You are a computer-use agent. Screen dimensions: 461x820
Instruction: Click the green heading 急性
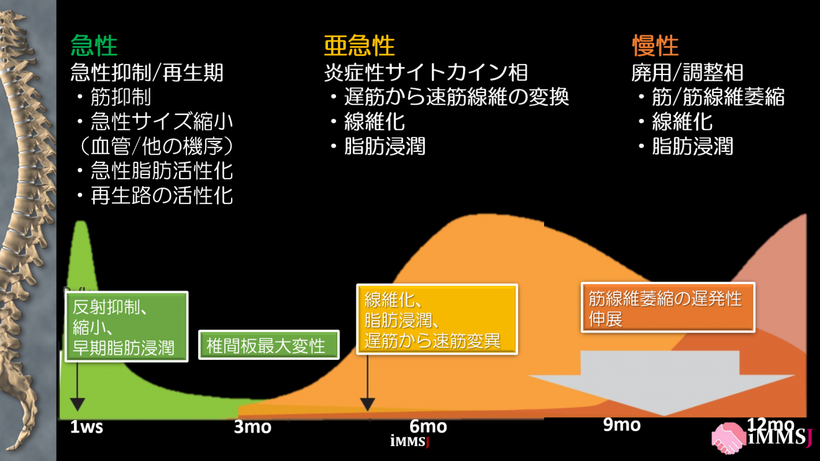tap(94, 46)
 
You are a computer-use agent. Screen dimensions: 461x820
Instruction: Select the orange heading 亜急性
tap(359, 46)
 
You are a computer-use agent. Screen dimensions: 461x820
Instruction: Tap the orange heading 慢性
tap(655, 46)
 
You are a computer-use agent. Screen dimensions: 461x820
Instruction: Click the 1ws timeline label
tap(86, 427)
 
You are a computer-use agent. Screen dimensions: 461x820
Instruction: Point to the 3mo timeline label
tap(253, 427)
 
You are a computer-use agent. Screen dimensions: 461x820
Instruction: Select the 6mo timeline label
tap(428, 427)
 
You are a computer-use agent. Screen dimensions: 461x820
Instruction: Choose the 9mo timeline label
tap(621, 424)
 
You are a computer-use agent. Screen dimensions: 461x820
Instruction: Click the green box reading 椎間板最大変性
tap(268, 344)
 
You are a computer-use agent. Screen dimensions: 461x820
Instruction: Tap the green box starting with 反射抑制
tap(126, 326)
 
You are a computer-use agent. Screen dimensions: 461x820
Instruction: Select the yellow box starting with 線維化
tap(437, 320)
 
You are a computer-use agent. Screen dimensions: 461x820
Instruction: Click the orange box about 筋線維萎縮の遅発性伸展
tap(668, 308)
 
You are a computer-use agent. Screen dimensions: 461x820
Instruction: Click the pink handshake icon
tap(729, 438)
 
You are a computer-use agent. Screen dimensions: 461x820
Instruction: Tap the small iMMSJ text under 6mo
tap(410, 442)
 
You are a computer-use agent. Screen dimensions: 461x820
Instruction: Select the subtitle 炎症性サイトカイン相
tap(426, 73)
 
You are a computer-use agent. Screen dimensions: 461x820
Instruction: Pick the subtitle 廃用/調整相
tap(687, 73)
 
